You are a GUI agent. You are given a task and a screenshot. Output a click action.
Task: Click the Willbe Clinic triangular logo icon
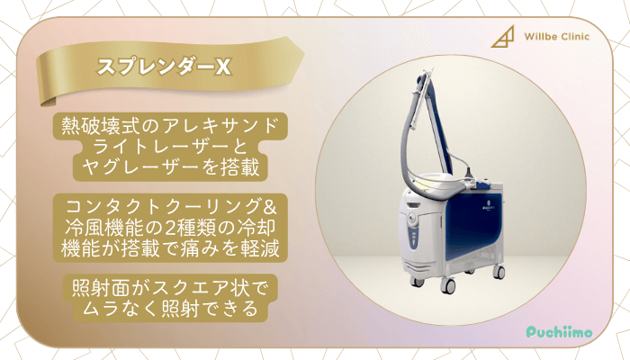point(501,39)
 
